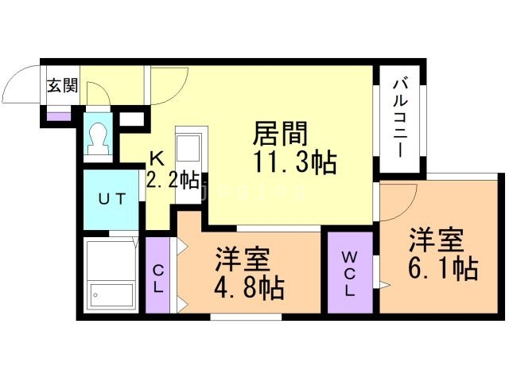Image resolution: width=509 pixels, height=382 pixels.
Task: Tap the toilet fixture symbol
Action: point(99,140)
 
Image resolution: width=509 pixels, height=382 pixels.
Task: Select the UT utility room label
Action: point(111,200)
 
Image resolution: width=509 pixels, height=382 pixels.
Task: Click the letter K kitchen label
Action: point(157,159)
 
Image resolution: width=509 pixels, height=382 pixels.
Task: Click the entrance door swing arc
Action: point(22,83)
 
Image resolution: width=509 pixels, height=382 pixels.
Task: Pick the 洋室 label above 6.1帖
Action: point(437,240)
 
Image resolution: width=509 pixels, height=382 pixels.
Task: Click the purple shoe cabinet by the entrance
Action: point(57,116)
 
